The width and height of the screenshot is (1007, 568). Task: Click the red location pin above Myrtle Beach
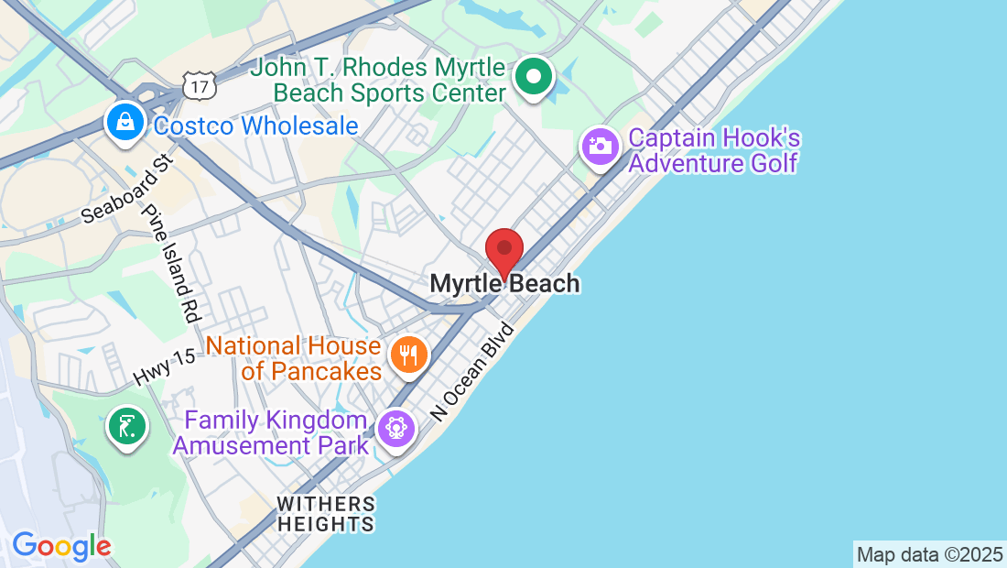coord(503,249)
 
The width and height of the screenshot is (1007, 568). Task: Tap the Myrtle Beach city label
coord(505,284)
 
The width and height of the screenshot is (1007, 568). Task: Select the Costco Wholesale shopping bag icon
coord(124,122)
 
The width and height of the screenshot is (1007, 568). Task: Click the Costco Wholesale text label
coord(256,126)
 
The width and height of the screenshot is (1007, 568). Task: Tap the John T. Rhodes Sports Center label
coord(379,81)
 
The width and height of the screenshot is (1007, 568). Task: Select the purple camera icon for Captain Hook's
coord(601,146)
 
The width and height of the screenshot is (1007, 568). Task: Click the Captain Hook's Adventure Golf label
coord(714,151)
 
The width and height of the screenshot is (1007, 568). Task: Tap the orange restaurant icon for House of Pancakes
coord(409,354)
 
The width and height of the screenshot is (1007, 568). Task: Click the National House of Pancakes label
coord(293,358)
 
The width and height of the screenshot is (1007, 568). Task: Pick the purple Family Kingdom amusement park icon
coord(396,429)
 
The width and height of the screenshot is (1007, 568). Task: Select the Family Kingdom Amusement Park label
coord(271,433)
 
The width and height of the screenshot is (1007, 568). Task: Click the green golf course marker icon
coord(127,426)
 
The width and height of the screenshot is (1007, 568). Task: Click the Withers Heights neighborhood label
coord(326,514)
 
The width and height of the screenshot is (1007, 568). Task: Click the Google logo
coord(61,547)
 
